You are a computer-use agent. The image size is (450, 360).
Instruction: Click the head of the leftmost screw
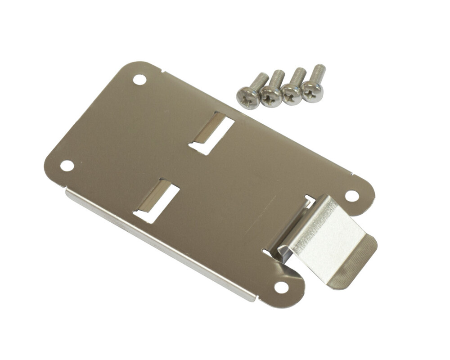248,97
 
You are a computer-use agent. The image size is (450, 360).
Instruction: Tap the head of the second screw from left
271,95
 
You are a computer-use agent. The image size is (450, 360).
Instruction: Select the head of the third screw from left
292,94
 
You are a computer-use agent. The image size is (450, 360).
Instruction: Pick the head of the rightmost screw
312,91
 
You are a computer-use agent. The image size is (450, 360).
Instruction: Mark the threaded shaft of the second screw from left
278,77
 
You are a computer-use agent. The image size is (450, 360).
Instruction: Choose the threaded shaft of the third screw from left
298,75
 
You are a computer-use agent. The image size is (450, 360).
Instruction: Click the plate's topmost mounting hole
139,80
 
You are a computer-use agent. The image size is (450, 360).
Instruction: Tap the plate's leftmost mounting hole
67,165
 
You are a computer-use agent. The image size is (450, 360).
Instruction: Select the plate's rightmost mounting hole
352,196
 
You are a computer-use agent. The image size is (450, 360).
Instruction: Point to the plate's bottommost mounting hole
281,287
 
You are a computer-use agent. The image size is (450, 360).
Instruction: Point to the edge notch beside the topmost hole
162,71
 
